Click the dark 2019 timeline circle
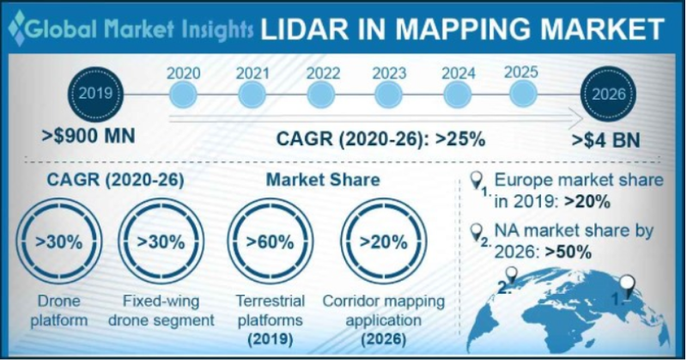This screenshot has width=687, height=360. [x=95, y=93]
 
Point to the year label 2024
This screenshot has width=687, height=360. [x=459, y=72]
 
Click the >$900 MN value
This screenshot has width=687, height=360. [x=88, y=136]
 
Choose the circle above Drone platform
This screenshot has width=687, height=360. [x=59, y=241]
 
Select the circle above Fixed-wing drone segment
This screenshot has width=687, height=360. [x=161, y=241]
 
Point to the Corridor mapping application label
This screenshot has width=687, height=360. [x=383, y=310]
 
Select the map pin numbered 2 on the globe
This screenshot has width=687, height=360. [x=513, y=276]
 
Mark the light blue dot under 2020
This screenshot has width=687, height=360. [x=183, y=94]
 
